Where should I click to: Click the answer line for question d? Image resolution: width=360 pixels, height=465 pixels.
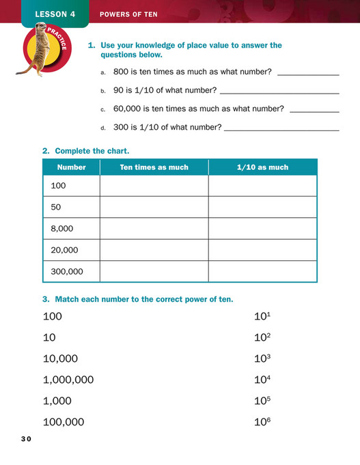(x=281, y=128)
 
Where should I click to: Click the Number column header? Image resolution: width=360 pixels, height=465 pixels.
(x=72, y=167)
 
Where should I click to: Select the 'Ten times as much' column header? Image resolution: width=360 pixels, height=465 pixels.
(x=154, y=167)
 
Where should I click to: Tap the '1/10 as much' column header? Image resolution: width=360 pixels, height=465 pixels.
(x=262, y=167)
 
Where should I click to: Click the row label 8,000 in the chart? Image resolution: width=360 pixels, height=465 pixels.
(x=62, y=229)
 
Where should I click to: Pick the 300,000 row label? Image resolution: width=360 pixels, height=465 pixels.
(x=67, y=271)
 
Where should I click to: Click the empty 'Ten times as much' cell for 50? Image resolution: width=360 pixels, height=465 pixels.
(x=154, y=207)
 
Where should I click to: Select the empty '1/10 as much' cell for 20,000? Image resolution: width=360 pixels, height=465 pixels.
(x=262, y=250)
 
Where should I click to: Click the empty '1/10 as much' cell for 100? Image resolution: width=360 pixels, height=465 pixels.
(x=262, y=186)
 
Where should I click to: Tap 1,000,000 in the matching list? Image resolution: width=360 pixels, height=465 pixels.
(x=68, y=380)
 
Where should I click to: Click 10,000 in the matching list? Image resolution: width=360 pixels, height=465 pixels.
(x=60, y=358)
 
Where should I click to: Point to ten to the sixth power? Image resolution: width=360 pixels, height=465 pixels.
(x=262, y=422)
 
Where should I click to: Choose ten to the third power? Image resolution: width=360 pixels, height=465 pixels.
(x=262, y=358)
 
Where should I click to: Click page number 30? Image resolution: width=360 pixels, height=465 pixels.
(x=26, y=439)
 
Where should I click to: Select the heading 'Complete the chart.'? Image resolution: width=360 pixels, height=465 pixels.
(x=92, y=150)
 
